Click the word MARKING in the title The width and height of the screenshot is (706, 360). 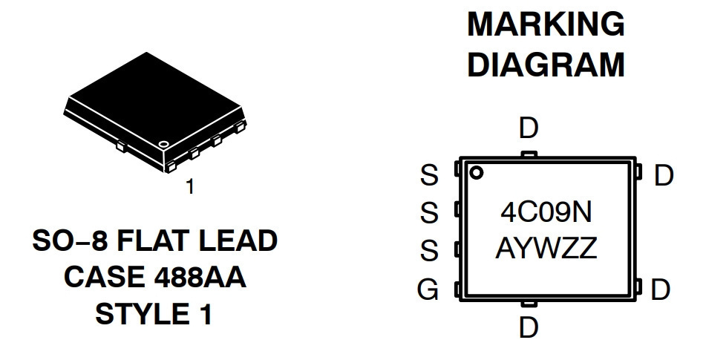click(x=546, y=24)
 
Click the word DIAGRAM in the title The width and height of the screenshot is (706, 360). click(x=546, y=65)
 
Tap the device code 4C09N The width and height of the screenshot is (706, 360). click(x=546, y=212)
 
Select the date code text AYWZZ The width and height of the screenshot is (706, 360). click(x=546, y=249)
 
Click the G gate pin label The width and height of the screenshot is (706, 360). click(x=428, y=289)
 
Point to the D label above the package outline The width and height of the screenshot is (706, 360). click(x=529, y=128)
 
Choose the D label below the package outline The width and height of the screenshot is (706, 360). click(x=529, y=327)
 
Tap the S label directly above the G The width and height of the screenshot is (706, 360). click(x=429, y=250)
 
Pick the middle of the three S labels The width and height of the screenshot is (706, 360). click(x=429, y=212)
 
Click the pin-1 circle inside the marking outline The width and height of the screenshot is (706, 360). click(x=476, y=172)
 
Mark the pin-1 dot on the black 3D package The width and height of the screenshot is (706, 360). click(x=163, y=144)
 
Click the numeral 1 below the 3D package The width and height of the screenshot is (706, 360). click(x=191, y=186)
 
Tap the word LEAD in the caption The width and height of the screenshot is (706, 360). click(x=238, y=240)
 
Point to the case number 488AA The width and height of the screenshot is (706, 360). click(x=200, y=277)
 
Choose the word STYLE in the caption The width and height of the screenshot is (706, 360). click(x=140, y=314)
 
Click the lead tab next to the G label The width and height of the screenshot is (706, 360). click(x=457, y=289)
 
